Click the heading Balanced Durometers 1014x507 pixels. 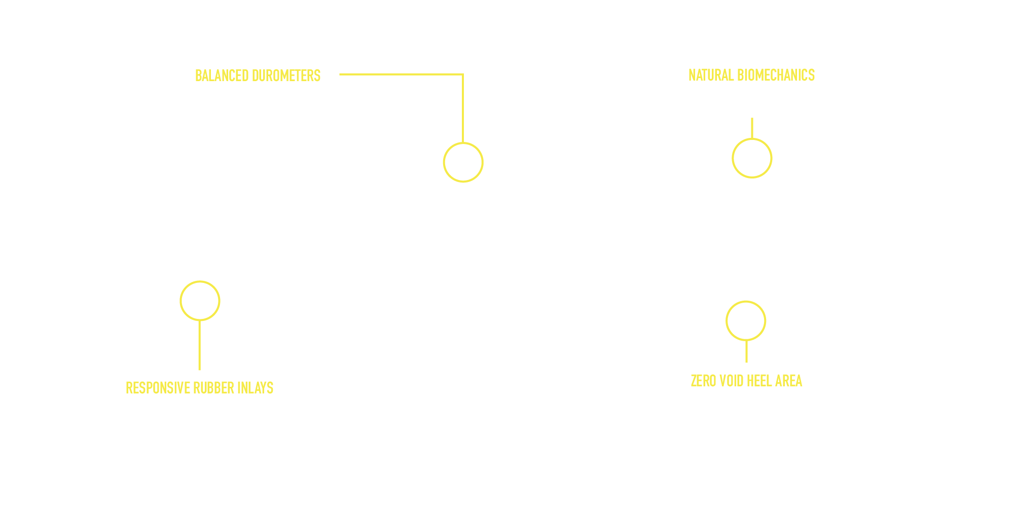[258, 76]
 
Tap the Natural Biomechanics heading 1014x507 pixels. [751, 76]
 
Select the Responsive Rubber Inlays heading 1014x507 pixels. [199, 388]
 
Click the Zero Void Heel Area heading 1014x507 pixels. [746, 381]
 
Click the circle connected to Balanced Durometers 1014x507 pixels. [463, 162]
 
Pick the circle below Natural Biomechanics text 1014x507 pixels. [752, 158]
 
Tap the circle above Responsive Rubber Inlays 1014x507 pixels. [200, 301]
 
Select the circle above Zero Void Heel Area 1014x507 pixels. [746, 321]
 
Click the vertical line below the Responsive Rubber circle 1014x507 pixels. [199, 345]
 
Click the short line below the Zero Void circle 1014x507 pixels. [746, 351]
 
